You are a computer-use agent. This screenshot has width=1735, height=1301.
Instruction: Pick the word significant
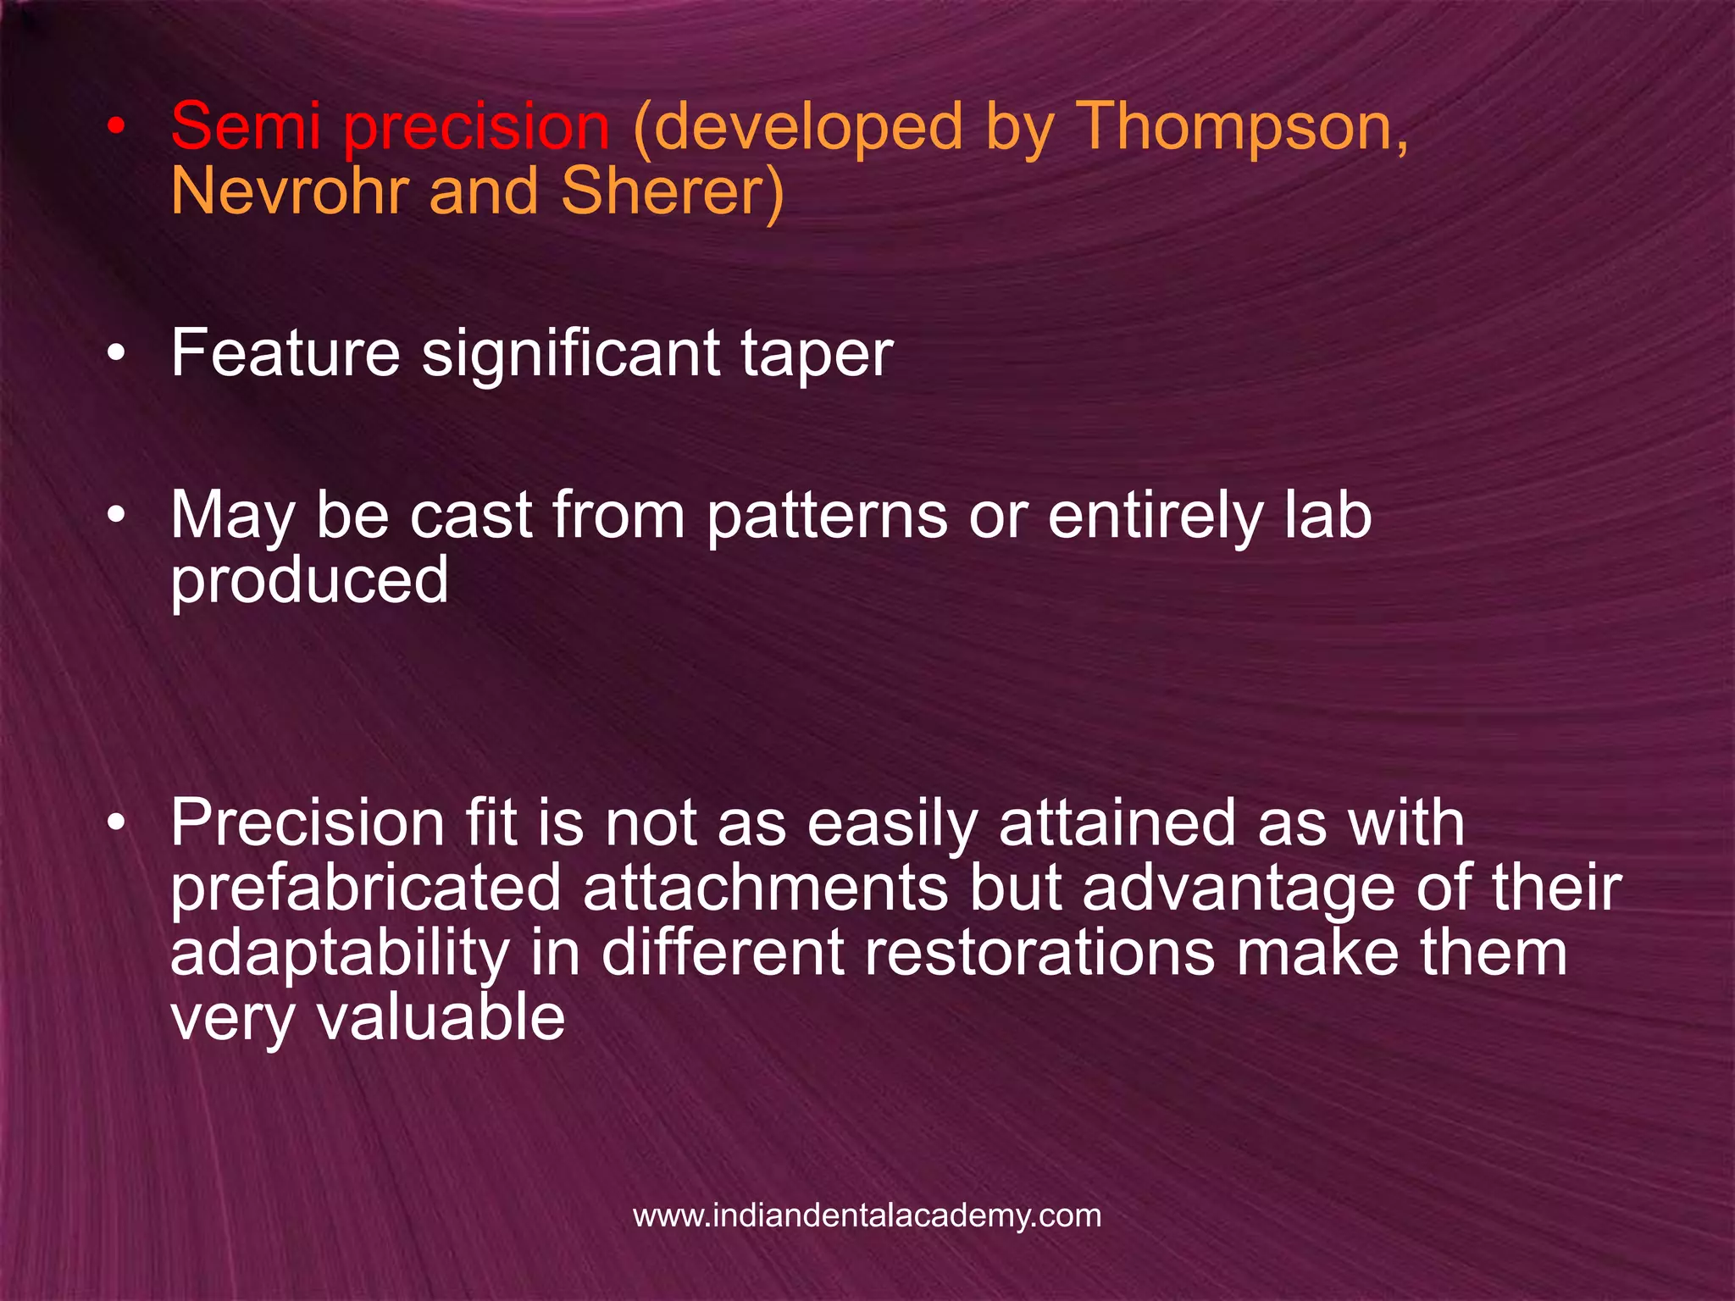(x=579, y=354)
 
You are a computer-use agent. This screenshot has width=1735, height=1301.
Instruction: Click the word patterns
(x=826, y=517)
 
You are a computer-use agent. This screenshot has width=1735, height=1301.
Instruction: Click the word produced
(x=309, y=581)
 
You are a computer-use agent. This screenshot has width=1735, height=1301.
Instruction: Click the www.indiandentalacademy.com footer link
(x=867, y=1215)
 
